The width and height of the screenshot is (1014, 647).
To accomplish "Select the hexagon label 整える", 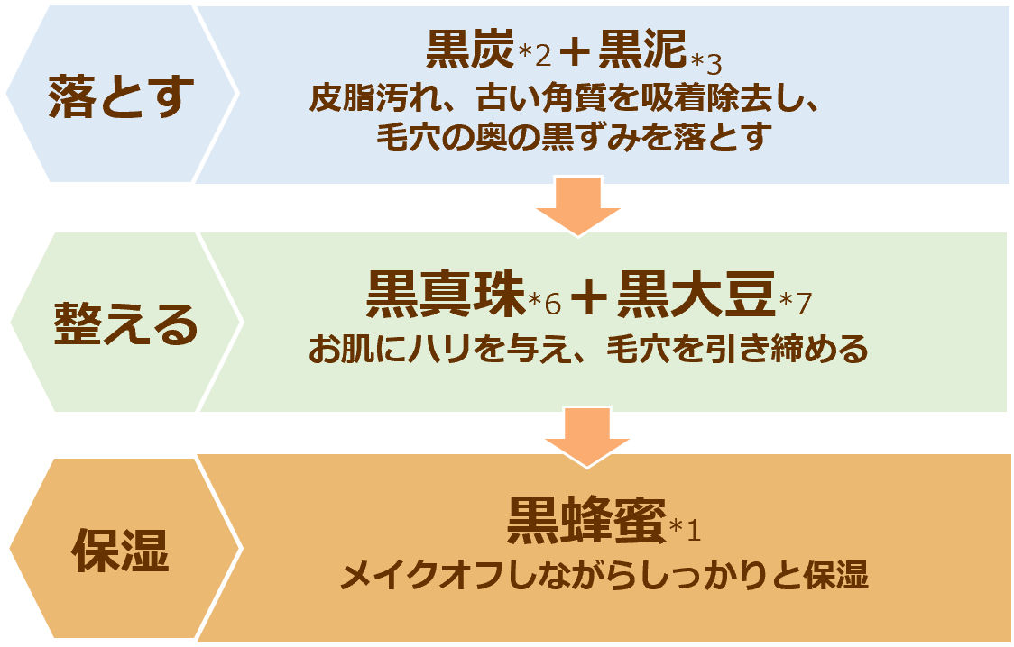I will coord(124,322).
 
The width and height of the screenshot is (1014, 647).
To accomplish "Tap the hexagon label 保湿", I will coord(121,549).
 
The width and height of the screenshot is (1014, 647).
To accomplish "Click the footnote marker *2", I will coord(533,59).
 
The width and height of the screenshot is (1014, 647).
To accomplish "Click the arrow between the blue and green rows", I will coord(578,206).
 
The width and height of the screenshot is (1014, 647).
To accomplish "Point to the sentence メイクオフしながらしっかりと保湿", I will coord(604,574).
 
